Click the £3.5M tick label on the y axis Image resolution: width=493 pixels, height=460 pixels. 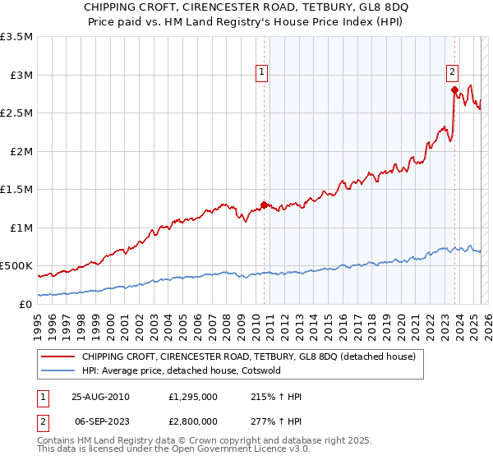click(x=16, y=37)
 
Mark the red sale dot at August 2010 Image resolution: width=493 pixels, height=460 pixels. click(x=264, y=205)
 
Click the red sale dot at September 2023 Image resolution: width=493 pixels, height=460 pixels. click(x=454, y=90)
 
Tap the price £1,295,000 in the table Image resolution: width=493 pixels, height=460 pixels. click(x=191, y=397)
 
